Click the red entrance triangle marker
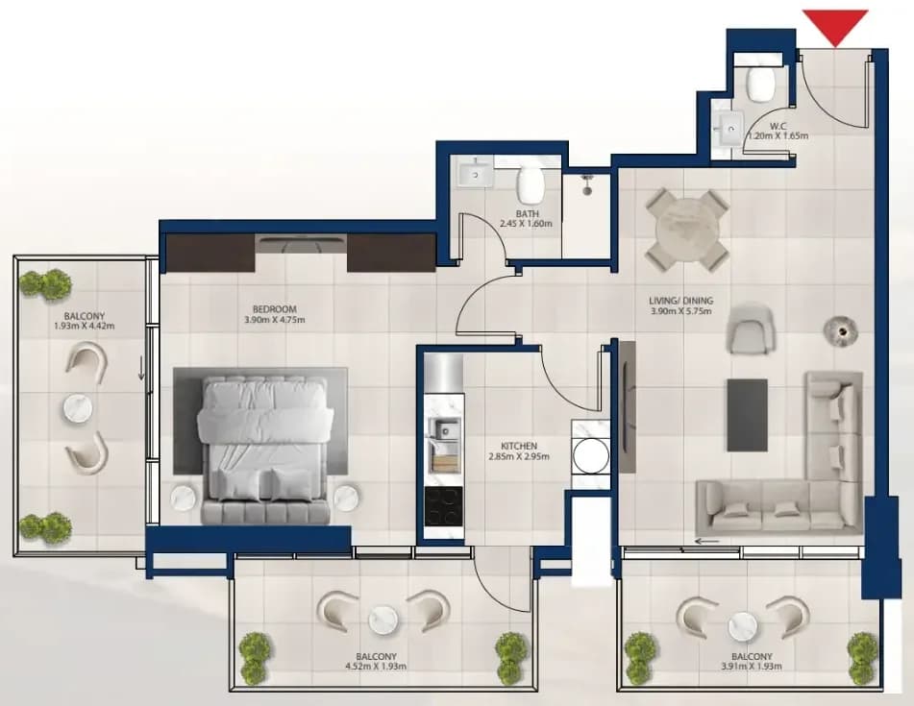(x=835, y=26)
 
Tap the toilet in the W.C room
(x=761, y=83)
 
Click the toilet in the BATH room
(x=531, y=180)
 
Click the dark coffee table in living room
(x=747, y=415)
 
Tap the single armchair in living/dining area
(x=751, y=328)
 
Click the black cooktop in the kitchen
(x=444, y=506)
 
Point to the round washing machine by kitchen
(x=589, y=455)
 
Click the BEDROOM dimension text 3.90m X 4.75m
(x=275, y=320)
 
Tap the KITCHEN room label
(x=518, y=447)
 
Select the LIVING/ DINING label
(x=680, y=302)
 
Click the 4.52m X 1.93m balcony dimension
(x=376, y=666)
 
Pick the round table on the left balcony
(x=78, y=409)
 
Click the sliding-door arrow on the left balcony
(x=141, y=369)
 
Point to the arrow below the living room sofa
(x=706, y=541)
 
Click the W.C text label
(x=778, y=126)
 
